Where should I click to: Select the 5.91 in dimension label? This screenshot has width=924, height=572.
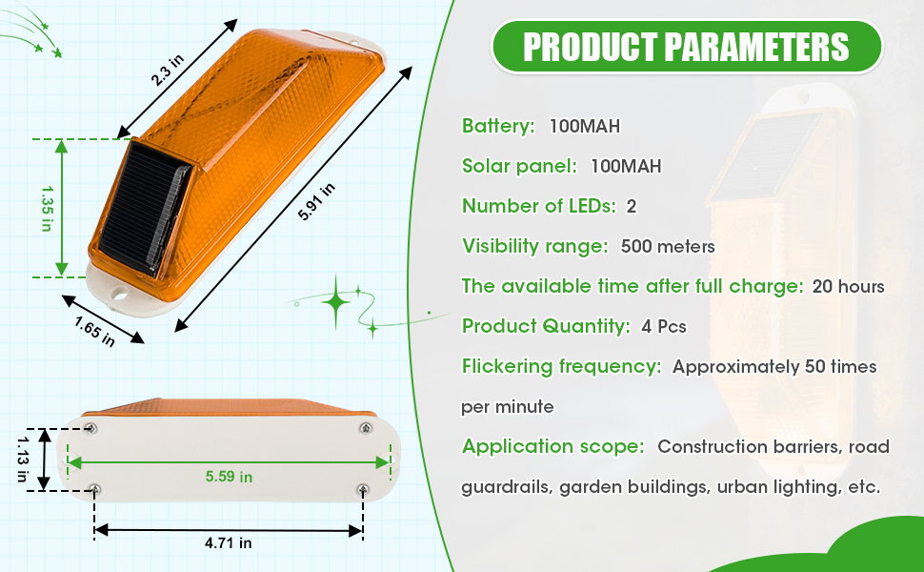(316, 200)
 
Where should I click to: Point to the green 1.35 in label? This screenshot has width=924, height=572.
(44, 208)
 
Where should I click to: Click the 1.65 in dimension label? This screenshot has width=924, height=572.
(94, 330)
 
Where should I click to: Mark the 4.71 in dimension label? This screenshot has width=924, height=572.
(228, 543)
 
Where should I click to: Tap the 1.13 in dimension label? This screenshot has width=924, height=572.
(21, 459)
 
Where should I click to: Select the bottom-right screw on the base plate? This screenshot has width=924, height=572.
(362, 489)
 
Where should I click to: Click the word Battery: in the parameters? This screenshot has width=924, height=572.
(498, 126)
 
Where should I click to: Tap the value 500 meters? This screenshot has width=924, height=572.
(667, 246)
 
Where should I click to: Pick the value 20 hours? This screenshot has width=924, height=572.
(848, 286)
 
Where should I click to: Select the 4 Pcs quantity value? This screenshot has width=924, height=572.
(664, 326)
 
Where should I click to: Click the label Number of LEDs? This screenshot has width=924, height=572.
(537, 206)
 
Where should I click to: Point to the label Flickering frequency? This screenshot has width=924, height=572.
(561, 366)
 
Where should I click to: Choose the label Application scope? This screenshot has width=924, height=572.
(552, 446)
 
